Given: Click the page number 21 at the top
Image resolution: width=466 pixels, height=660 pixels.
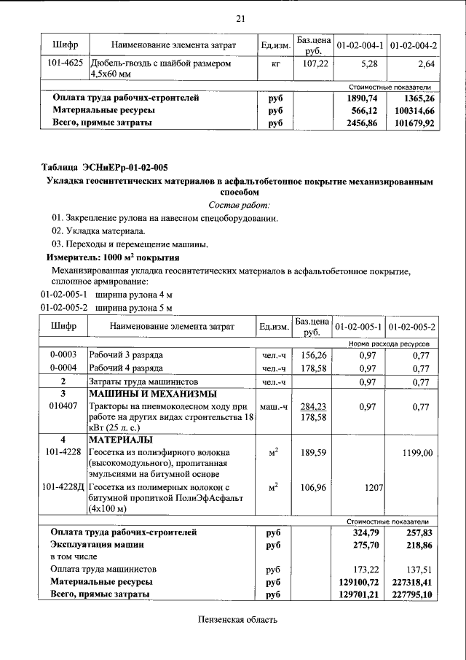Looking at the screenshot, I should click(x=241, y=18).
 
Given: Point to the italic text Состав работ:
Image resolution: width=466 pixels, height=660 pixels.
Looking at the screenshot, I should click(x=240, y=205).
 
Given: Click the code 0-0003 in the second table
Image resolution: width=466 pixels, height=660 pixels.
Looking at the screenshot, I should click(x=63, y=354).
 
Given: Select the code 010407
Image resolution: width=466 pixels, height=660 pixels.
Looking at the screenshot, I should click(x=63, y=406).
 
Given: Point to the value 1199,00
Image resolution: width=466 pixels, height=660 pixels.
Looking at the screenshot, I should click(x=418, y=453).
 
